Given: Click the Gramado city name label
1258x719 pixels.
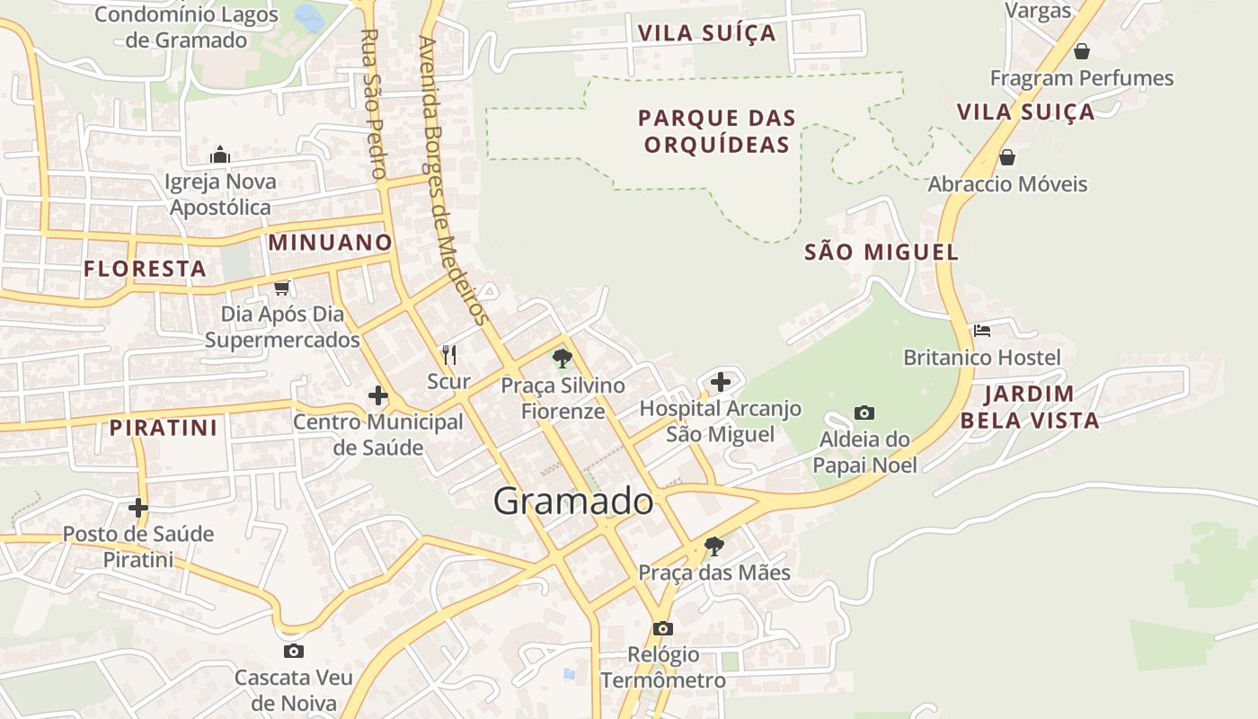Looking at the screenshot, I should (572, 502).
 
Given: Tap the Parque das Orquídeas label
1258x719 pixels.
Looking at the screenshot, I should (717, 131).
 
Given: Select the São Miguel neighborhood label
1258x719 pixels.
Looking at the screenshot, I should (881, 253).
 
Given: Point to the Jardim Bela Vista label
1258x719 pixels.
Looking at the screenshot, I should (1030, 407).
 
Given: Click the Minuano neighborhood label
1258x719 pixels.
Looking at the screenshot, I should (331, 243).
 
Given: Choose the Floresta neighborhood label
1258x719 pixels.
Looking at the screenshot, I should (145, 269).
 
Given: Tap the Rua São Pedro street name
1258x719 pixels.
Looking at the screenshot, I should (373, 103).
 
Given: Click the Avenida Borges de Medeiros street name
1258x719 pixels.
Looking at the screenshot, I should (454, 180).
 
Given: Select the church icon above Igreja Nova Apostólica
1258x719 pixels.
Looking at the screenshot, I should (220, 155).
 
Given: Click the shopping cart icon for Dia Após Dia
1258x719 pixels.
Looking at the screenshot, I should (281, 288).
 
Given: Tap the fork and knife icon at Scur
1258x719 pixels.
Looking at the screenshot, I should (449, 355).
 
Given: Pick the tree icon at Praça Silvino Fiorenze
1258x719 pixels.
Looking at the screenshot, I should (563, 359).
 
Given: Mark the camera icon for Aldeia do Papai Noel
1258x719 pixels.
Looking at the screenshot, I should (864, 413).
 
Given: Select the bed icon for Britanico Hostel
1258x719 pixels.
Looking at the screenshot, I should (981, 331).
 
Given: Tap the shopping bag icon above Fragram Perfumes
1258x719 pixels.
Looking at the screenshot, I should (1082, 51).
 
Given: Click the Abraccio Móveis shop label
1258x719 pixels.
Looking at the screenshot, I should (1007, 184).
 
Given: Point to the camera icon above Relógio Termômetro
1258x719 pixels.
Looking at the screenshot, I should (663, 628).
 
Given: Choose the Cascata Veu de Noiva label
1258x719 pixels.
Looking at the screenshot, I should (293, 689).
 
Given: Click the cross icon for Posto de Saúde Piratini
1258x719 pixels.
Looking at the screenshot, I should (137, 508).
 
